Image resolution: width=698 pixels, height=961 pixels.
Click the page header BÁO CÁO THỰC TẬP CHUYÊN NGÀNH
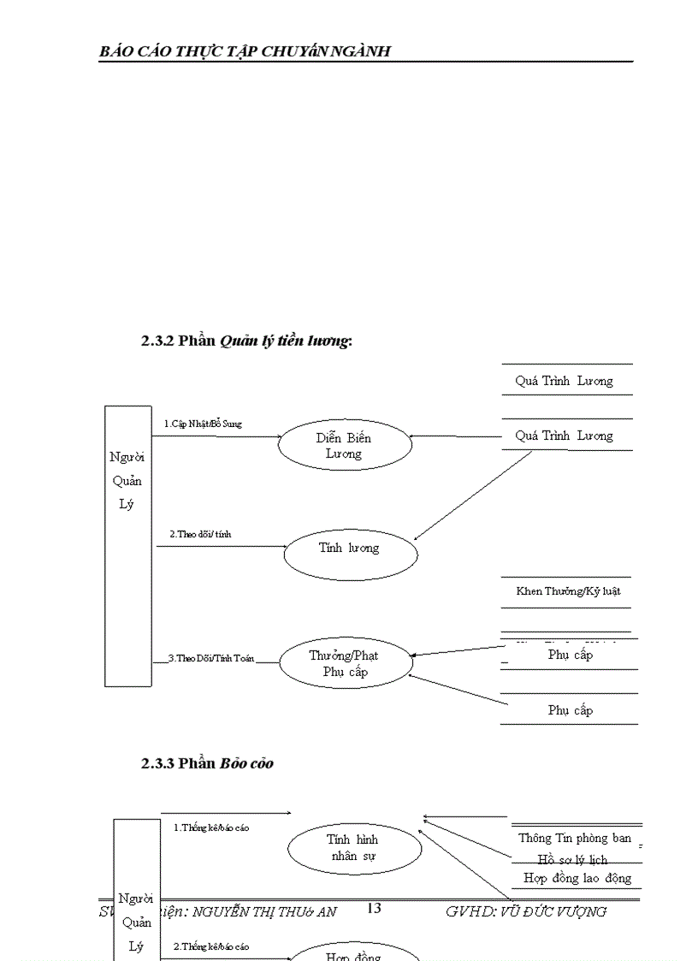245,50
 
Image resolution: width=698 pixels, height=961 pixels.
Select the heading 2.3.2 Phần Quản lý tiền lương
247,341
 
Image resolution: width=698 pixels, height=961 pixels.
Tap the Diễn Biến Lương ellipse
344,446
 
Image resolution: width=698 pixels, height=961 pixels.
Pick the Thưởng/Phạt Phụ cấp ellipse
345,664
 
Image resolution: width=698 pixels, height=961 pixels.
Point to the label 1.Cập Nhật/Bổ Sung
203,424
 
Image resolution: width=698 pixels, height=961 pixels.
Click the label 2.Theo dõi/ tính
200,534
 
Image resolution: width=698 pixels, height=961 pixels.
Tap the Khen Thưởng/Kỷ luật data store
567,591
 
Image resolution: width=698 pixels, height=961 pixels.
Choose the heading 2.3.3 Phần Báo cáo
208,763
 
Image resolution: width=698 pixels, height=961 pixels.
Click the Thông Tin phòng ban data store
575,838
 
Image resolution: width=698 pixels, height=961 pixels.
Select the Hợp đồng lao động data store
577,878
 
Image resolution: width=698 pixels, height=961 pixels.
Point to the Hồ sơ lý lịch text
572,859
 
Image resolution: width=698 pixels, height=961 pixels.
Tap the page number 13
374,908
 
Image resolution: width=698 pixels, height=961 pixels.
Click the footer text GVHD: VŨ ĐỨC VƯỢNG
526,911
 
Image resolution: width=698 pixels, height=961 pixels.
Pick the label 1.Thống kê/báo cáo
212,828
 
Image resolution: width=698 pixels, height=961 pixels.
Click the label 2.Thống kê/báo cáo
212,946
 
